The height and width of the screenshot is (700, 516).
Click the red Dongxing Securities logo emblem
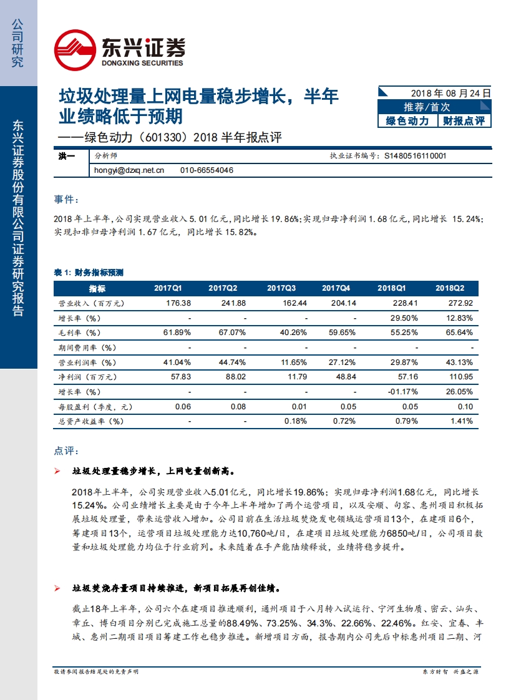[74, 50]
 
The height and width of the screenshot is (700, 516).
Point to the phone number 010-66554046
[207, 170]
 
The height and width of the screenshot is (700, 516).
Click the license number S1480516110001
[415, 157]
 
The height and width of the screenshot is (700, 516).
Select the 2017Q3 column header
[281, 288]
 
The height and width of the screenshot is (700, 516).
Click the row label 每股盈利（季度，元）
[91, 407]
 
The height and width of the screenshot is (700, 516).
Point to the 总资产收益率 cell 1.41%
[461, 421]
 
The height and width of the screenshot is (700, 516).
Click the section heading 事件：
[67, 200]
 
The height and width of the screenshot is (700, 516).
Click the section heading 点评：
[67, 450]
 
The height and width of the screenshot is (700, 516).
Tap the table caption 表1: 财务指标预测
[89, 273]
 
